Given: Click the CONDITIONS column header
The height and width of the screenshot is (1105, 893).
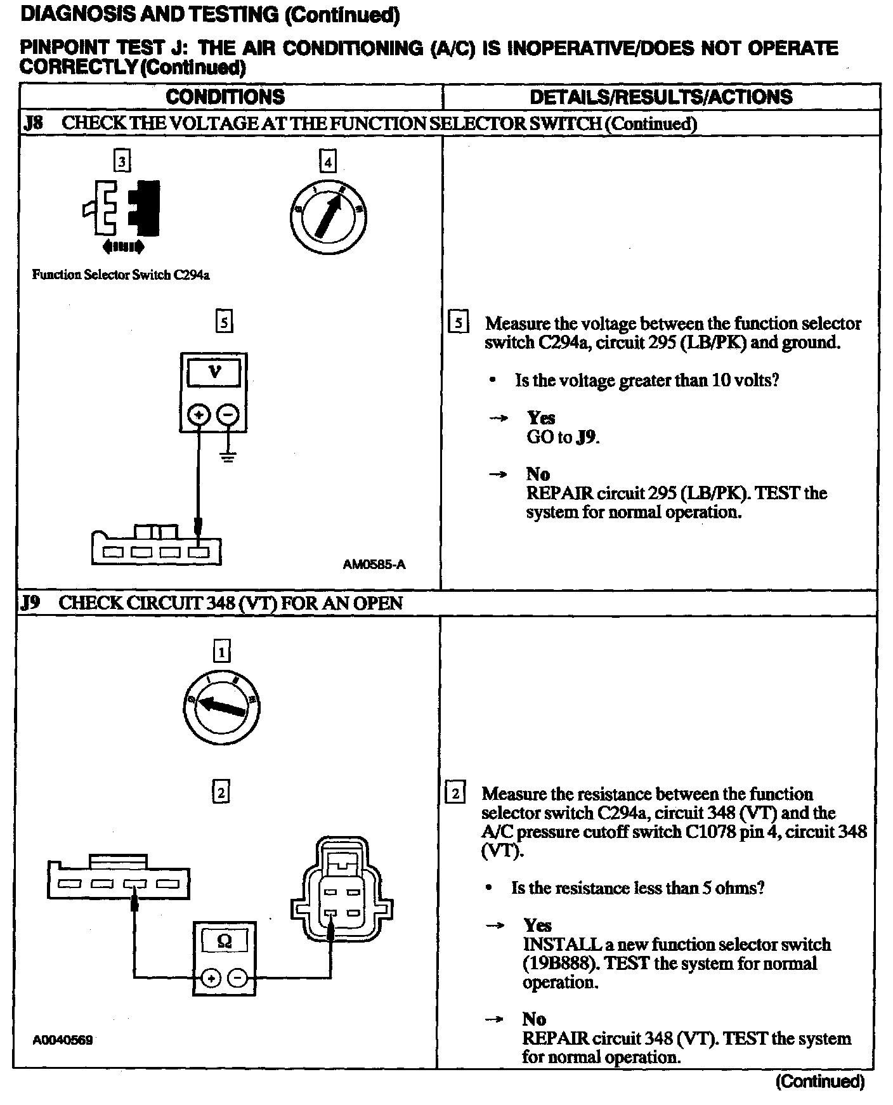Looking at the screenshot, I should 225,97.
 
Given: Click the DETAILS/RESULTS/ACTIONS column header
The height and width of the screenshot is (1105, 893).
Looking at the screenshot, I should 661,97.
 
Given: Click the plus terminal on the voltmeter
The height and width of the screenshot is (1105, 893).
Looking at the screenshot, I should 199,415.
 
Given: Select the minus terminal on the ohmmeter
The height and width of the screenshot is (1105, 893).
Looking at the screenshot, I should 238,978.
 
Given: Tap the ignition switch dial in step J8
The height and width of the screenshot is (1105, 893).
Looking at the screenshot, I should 327,216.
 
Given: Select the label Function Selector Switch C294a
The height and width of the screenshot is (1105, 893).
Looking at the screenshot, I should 121,275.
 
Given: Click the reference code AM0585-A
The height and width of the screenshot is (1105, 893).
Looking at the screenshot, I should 374,564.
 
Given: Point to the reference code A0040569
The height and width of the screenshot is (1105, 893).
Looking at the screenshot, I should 63,1040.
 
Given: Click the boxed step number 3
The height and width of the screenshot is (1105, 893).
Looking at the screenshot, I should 122,161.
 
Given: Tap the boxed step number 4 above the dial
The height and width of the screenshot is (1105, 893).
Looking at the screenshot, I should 327,162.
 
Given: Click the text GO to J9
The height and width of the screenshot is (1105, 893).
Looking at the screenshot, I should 563,437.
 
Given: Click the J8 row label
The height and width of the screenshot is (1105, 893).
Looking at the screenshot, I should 33,123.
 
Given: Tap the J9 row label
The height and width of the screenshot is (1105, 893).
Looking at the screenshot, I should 30,603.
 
